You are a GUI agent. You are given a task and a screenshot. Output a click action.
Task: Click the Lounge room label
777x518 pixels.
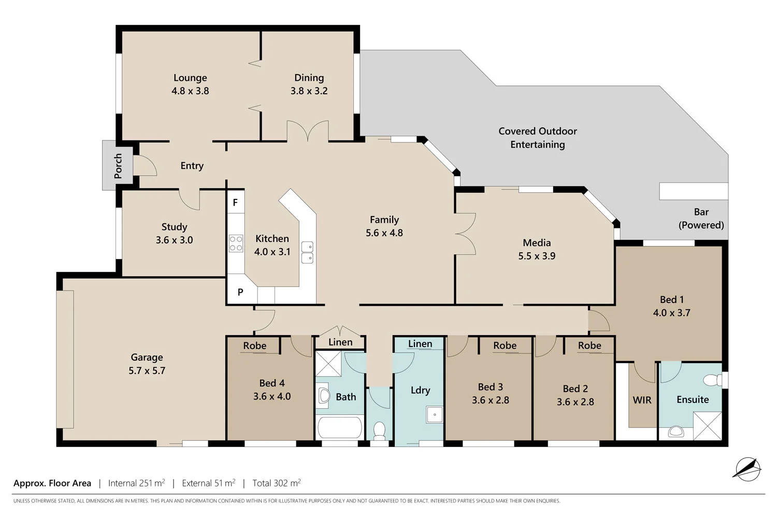[190, 78]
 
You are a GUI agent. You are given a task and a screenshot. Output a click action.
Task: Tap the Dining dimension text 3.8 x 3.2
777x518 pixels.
[309, 91]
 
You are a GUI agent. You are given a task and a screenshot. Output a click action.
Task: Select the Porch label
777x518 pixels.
[118, 166]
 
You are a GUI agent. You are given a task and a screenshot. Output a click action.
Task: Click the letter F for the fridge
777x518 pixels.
[235, 203]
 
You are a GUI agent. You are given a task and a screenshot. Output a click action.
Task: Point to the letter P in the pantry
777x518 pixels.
[240, 292]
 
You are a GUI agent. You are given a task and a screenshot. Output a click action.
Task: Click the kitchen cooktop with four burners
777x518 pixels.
[236, 243]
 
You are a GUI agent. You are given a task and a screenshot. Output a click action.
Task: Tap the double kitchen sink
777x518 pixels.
[307, 252]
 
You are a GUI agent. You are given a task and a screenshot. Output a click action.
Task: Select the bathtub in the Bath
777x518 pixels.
[339, 428]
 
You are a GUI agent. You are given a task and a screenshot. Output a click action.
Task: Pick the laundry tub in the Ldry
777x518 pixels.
[435, 414]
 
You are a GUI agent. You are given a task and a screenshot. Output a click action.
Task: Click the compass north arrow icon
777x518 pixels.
[747, 469]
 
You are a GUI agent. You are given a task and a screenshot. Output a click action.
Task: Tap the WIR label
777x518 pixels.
[642, 400]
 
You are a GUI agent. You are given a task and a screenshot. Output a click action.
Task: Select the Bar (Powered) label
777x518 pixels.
[701, 219]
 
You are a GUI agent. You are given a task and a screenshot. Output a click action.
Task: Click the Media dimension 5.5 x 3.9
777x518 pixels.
[537, 256]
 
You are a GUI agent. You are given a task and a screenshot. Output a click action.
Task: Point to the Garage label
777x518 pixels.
[147, 357]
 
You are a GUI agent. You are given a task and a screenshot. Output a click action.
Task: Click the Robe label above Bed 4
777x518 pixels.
[254, 346]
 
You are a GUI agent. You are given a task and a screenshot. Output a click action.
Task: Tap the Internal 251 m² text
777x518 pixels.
[136, 483]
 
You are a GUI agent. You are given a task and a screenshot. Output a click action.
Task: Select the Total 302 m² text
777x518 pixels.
[276, 483]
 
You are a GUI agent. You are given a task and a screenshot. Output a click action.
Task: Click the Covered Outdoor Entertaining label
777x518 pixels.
[537, 138]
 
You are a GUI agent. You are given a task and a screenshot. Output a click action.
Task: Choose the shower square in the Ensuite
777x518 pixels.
[708, 426]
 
